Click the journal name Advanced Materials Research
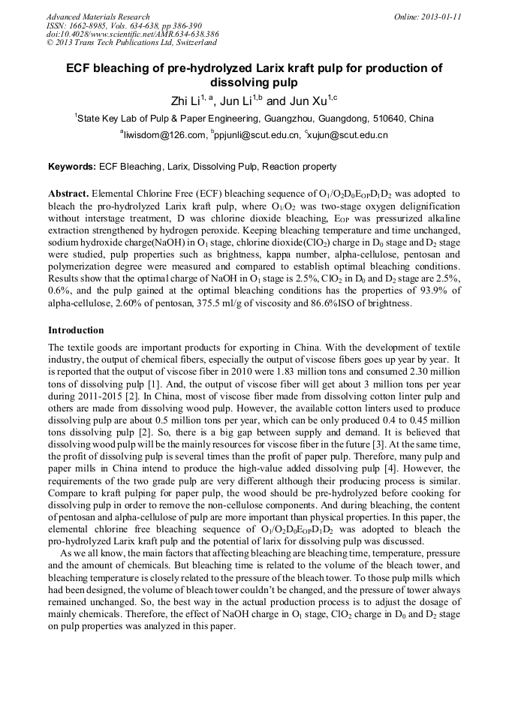click(x=98, y=17)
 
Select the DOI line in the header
click(x=132, y=35)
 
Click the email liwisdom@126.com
click(x=165, y=135)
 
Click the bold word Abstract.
click(x=69, y=194)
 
